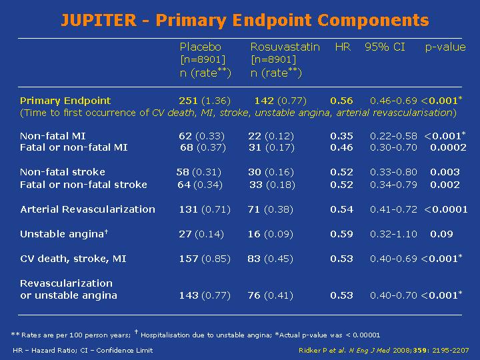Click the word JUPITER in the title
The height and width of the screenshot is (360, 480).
(99, 20)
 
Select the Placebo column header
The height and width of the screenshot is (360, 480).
(200, 47)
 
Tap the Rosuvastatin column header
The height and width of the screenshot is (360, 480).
(285, 47)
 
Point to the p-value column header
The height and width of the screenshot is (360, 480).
(445, 47)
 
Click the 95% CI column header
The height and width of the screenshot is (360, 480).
(385, 47)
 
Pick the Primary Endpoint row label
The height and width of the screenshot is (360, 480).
(65, 101)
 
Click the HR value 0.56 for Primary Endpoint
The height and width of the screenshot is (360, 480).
(341, 101)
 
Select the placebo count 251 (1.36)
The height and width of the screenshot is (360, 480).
(205, 101)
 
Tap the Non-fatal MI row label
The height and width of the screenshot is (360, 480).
(53, 136)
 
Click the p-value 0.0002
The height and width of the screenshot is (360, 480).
(448, 147)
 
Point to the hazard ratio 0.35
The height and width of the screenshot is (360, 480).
(341, 136)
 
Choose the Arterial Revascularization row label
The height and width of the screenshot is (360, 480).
(87, 209)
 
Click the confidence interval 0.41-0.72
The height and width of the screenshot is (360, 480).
(393, 209)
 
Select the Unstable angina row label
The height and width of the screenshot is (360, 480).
(64, 234)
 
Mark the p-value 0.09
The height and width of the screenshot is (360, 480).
(441, 234)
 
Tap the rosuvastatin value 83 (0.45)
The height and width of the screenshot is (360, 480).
(270, 259)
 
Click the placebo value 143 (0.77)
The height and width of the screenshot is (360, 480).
(205, 295)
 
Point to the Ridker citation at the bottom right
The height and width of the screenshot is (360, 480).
(383, 350)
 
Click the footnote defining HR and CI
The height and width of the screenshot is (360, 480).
(83, 350)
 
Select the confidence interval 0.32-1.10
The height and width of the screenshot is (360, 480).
(393, 234)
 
